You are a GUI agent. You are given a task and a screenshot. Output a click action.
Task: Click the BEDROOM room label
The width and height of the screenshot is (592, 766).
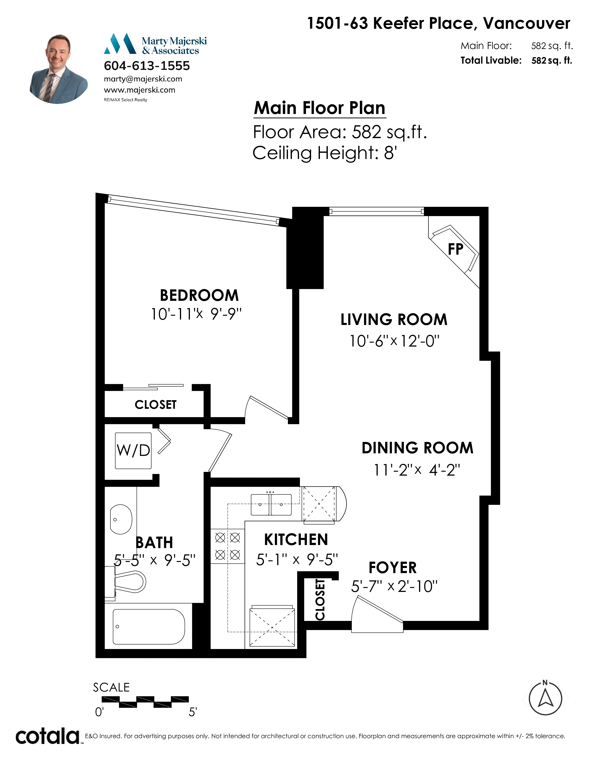point(199,295)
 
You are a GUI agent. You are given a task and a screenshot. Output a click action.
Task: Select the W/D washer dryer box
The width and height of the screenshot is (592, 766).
point(133,451)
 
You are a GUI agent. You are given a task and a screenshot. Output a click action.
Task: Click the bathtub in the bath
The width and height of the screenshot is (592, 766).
point(149,627)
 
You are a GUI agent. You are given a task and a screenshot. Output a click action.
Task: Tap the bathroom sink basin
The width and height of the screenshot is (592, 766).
point(121,519)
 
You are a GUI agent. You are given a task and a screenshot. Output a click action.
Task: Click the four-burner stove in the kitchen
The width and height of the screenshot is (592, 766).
point(228,546)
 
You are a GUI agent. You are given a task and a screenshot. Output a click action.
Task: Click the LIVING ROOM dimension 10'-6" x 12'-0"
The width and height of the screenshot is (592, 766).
point(394,341)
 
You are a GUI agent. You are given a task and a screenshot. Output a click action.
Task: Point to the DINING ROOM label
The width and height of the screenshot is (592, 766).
point(417,448)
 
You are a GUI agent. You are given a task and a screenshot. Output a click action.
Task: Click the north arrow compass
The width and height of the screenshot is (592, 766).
point(545,698)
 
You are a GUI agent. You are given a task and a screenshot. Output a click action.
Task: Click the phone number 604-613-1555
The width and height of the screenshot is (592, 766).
point(147,66)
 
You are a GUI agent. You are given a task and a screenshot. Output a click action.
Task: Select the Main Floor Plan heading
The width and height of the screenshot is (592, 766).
point(319,108)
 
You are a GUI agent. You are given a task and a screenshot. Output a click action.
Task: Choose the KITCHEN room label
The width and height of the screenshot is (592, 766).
point(296,539)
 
